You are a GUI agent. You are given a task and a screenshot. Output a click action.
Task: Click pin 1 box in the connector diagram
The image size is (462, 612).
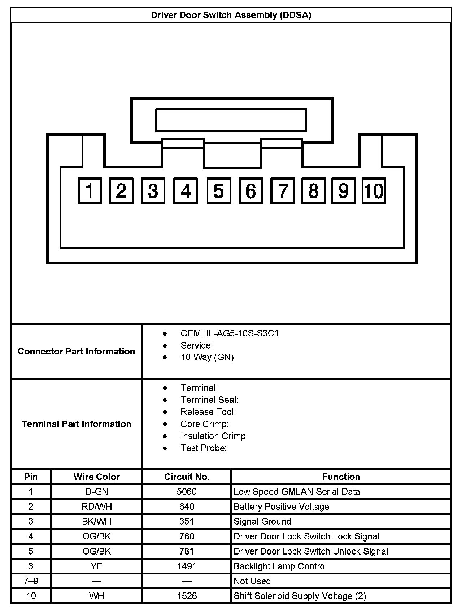click(x=90, y=190)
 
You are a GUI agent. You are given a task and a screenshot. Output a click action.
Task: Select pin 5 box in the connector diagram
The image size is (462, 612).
click(x=219, y=190)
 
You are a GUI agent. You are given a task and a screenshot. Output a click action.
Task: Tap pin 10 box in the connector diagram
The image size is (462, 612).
click(x=374, y=190)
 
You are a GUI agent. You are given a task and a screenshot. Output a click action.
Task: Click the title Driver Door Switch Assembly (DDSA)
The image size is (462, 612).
click(x=231, y=15)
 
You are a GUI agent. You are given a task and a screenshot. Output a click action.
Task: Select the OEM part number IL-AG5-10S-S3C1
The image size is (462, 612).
click(x=230, y=333)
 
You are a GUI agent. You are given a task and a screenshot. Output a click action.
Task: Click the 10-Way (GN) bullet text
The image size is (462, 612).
click(x=207, y=357)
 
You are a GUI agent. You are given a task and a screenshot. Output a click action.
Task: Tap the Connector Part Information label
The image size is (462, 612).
click(x=77, y=351)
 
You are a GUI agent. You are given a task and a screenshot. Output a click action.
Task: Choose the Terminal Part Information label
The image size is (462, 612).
click(x=77, y=424)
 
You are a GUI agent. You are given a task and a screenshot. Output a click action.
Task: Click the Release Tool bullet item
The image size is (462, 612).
click(x=208, y=412)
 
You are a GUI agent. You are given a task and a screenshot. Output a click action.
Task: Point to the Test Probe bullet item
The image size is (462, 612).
click(x=204, y=448)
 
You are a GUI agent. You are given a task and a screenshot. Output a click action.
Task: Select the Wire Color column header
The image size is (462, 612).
click(x=97, y=477)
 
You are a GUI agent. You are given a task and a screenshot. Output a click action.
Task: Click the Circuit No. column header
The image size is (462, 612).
click(x=187, y=477)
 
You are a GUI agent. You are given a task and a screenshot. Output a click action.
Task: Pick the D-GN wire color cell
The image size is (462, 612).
click(x=97, y=492)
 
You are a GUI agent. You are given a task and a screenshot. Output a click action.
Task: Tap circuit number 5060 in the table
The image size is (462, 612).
click(x=187, y=492)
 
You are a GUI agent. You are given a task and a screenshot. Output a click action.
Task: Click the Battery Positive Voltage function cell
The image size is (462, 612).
click(x=281, y=507)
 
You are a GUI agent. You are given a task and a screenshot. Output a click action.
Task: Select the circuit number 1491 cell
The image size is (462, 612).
click(x=187, y=566)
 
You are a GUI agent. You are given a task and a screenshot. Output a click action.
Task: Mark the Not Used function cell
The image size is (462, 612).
click(x=252, y=581)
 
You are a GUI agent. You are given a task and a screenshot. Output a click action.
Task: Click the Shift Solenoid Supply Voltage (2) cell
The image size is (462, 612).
click(x=300, y=596)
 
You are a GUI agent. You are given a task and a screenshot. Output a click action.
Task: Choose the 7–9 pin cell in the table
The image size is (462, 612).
click(x=31, y=581)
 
